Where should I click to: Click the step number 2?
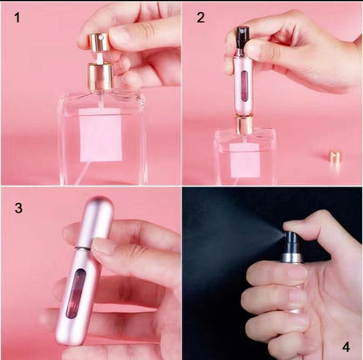[200, 17]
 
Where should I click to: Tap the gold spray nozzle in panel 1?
[100, 76]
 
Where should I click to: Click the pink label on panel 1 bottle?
[101, 134]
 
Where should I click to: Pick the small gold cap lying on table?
[334, 158]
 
